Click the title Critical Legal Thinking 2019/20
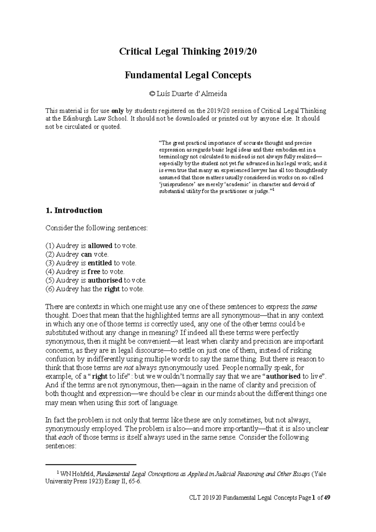click(x=188, y=52)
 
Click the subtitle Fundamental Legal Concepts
click(x=188, y=75)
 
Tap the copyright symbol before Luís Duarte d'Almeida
click(x=152, y=94)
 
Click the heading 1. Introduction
click(x=74, y=210)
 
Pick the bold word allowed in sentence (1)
click(x=100, y=246)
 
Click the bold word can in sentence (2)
click(x=86, y=254)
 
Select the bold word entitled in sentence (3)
click(x=100, y=263)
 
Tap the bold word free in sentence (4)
click(x=94, y=272)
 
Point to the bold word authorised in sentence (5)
click(x=105, y=280)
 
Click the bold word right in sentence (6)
click(x=112, y=289)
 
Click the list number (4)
click(x=50, y=272)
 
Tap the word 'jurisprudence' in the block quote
click(x=178, y=184)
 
